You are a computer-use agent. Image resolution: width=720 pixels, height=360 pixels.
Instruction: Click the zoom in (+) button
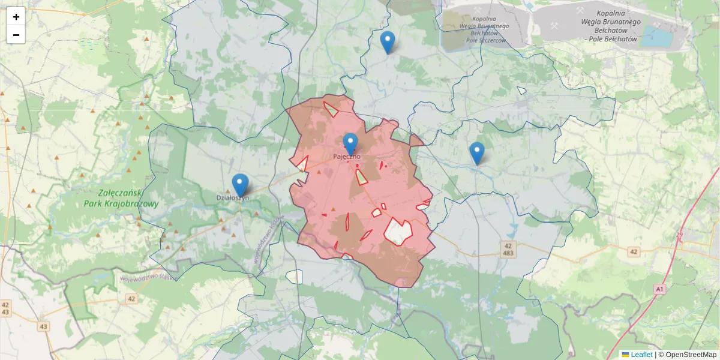pyautogui.click(x=16, y=17)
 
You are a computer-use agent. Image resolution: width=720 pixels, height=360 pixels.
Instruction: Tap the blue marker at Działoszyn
pyautogui.click(x=241, y=184)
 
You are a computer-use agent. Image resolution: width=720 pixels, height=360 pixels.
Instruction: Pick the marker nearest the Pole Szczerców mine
pyautogui.click(x=388, y=41)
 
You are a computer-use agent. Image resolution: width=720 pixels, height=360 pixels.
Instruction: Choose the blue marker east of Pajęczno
pyautogui.click(x=477, y=152)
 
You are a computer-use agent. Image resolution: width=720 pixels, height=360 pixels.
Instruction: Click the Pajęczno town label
pyautogui.click(x=347, y=157)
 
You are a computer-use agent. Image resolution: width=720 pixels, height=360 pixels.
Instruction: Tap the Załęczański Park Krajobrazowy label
pyautogui.click(x=129, y=199)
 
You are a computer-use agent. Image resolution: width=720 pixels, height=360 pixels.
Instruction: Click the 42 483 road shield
pyautogui.click(x=508, y=250)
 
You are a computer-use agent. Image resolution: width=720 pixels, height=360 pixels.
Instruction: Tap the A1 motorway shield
pyautogui.click(x=660, y=289)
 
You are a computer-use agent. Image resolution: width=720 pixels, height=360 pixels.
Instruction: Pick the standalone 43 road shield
pyautogui.click(x=44, y=326)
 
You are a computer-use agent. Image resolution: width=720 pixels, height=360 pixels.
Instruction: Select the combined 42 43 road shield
pyautogui.click(x=5, y=308)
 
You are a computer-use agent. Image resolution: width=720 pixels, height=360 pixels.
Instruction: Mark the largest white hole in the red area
pyautogui.click(x=398, y=232)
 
